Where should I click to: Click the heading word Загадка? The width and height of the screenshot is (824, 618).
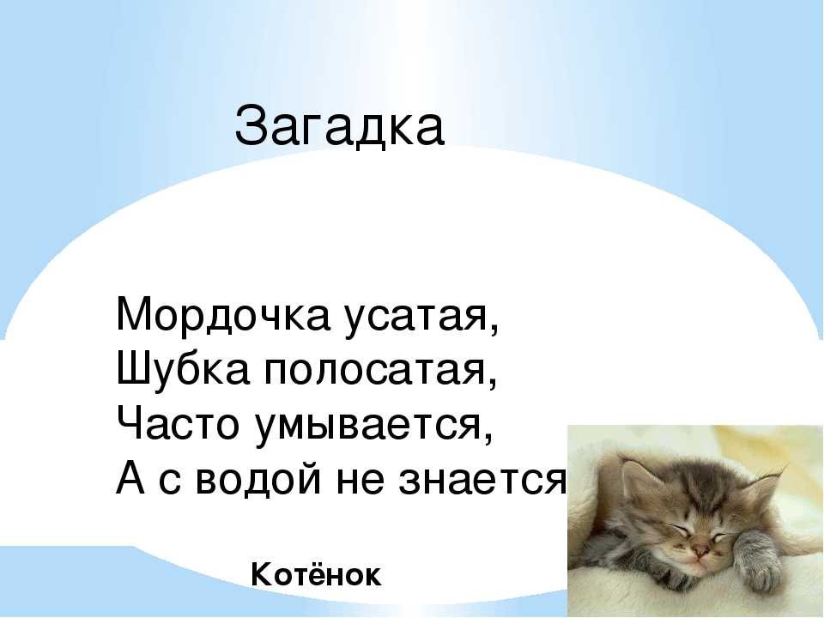tap(340, 126)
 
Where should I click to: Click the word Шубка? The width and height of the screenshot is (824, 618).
tap(182, 369)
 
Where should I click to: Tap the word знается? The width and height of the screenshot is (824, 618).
tap(482, 481)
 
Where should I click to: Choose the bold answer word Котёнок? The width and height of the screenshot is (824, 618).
tap(317, 574)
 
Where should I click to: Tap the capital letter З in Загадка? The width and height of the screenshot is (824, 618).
tap(249, 126)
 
